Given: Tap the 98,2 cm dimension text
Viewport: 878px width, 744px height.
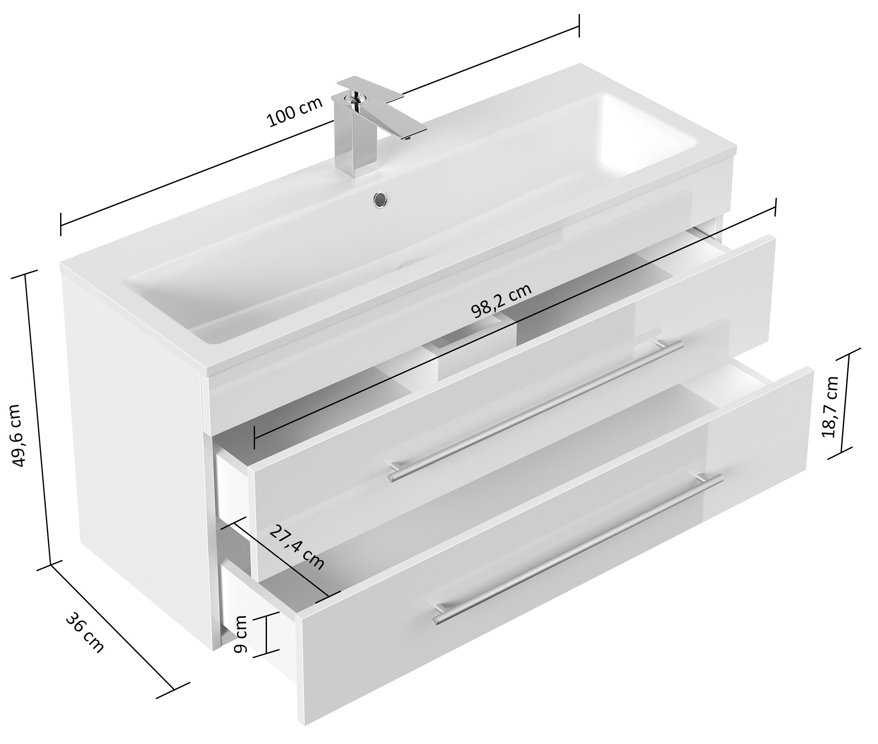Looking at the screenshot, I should [501, 300].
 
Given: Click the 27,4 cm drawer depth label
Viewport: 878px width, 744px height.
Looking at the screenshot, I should [297, 548].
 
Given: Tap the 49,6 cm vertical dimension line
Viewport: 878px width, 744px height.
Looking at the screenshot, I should [38, 418].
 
